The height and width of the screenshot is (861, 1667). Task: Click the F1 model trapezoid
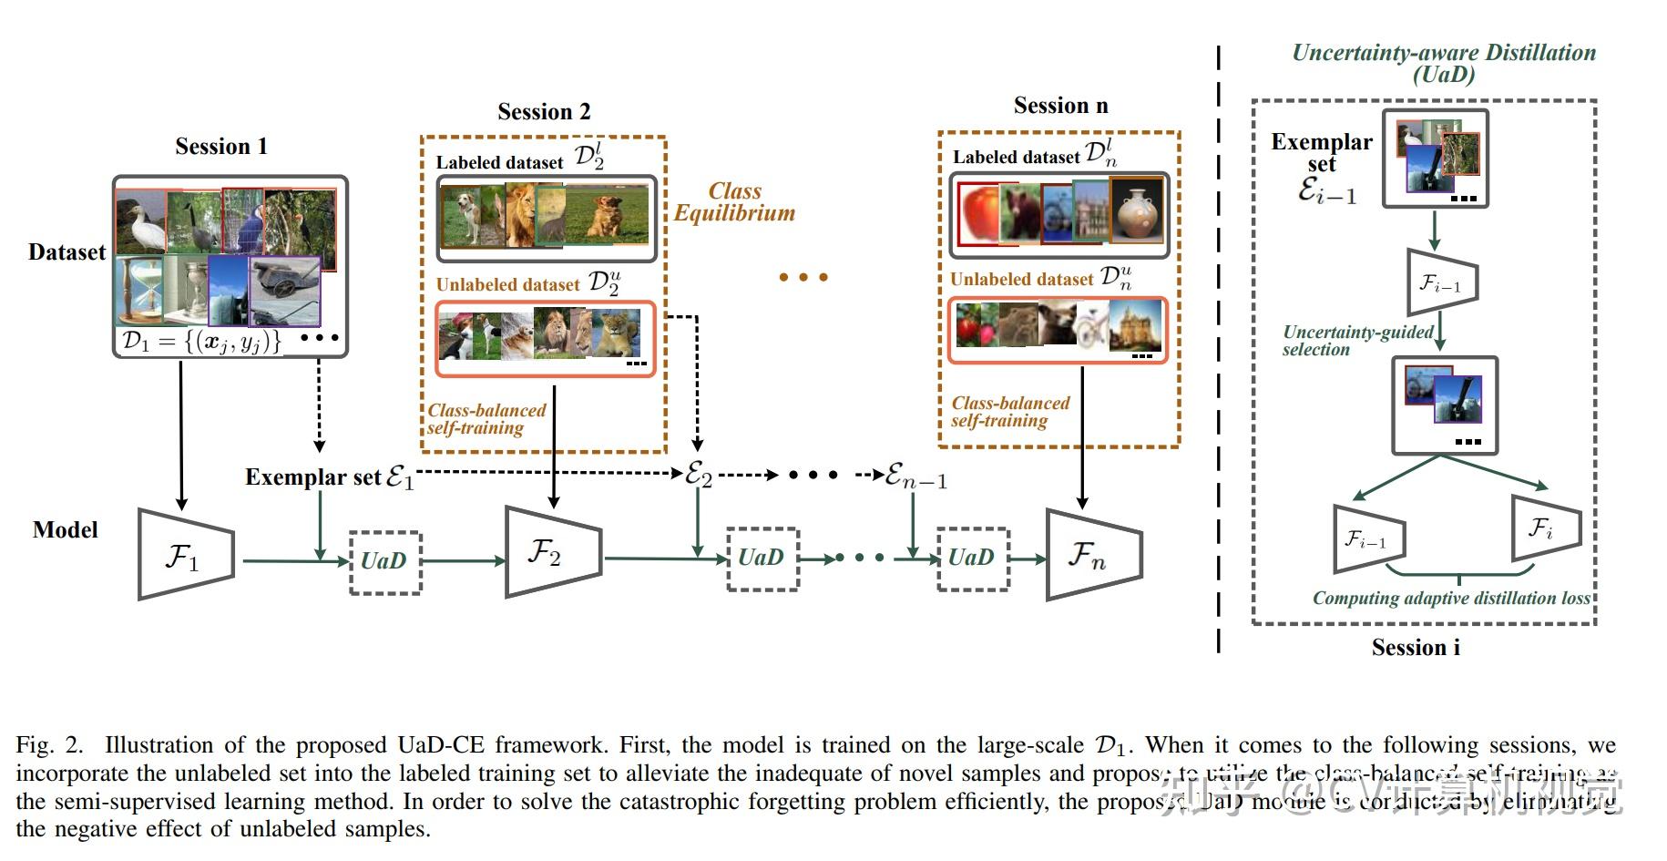click(185, 555)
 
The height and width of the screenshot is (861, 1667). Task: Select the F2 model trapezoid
click(552, 552)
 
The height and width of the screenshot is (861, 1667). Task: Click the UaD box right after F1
click(385, 561)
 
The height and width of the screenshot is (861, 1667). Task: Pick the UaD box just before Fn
click(973, 559)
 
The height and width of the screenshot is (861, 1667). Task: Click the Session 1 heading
click(221, 147)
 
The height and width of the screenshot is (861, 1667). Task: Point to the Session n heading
click(1060, 106)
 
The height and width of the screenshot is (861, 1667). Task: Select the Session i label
click(1416, 648)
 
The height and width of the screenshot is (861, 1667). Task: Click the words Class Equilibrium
click(734, 202)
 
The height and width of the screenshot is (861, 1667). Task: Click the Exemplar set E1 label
click(329, 477)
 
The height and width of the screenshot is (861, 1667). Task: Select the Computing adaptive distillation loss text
click(1450, 599)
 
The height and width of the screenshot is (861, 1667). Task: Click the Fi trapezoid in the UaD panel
click(1545, 528)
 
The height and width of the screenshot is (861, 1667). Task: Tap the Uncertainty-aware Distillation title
click(1444, 63)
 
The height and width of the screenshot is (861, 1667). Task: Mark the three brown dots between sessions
click(803, 277)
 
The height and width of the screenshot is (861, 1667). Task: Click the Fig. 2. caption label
click(48, 745)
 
